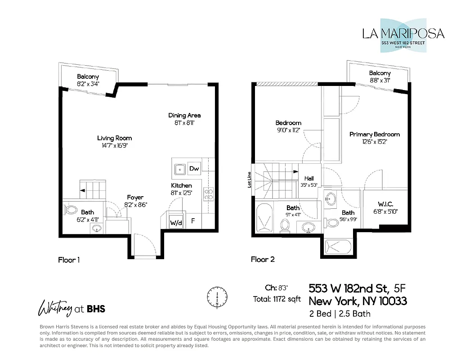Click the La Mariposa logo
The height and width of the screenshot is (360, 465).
(x=403, y=35)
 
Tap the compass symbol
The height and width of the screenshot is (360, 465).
(x=217, y=297)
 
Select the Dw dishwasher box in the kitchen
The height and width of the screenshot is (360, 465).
(x=194, y=169)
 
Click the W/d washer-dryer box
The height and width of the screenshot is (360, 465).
(x=175, y=222)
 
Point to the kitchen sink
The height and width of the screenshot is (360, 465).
(x=179, y=169)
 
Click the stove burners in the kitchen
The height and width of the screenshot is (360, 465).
(x=209, y=194)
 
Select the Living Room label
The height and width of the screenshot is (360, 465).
(x=115, y=138)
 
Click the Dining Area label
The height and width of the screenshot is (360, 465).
(x=184, y=116)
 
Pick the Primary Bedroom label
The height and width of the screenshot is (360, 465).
(x=374, y=134)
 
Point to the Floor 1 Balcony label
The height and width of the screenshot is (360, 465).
(x=88, y=76)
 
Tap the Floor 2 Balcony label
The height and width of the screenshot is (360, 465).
(x=380, y=73)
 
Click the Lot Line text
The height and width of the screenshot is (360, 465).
(x=249, y=179)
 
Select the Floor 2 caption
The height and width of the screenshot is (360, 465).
(x=263, y=259)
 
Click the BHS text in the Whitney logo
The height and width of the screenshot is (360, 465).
(x=96, y=309)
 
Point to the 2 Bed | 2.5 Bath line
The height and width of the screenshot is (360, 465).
(x=340, y=313)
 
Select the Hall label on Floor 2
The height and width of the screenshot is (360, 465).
(x=309, y=178)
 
